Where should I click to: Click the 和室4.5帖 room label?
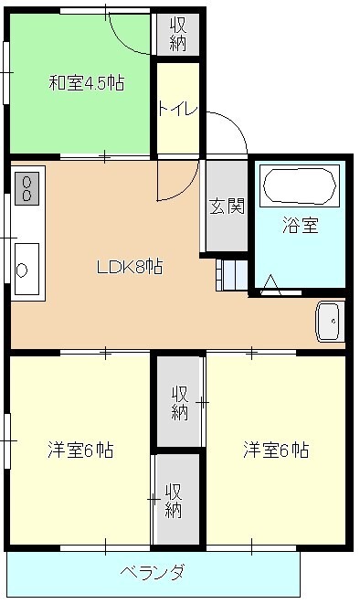[86, 83]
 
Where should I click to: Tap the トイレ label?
[177, 108]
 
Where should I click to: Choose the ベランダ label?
[153, 573]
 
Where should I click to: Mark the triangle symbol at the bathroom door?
[270, 285]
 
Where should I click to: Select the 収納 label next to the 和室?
[177, 34]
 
